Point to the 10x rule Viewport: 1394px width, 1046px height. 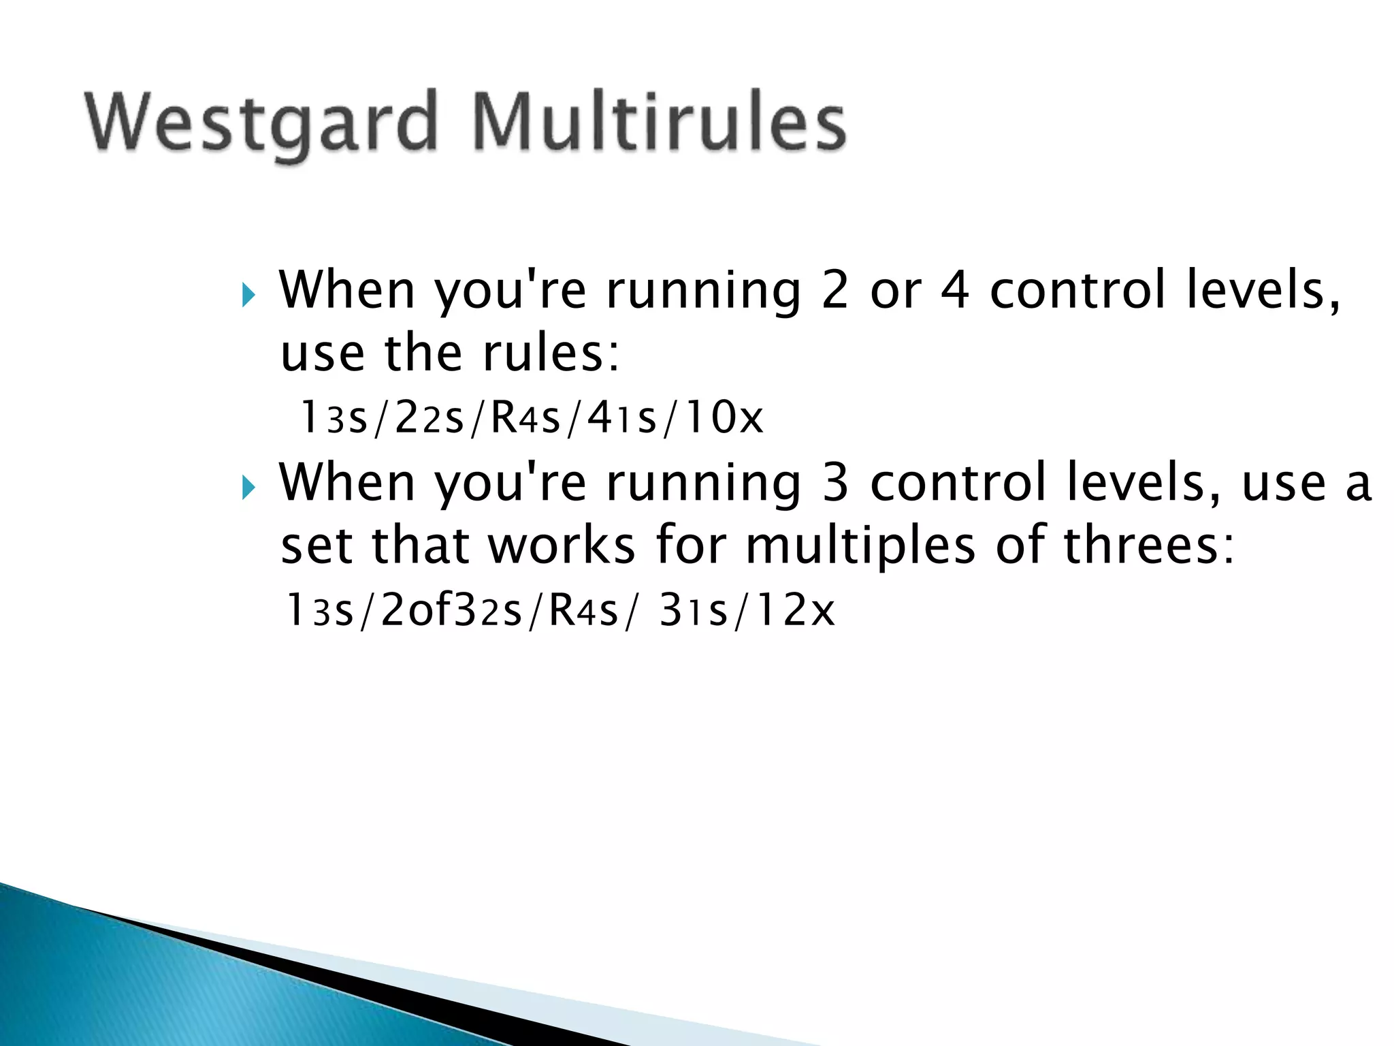[x=724, y=417]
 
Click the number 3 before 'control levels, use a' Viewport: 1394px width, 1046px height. [x=836, y=482]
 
